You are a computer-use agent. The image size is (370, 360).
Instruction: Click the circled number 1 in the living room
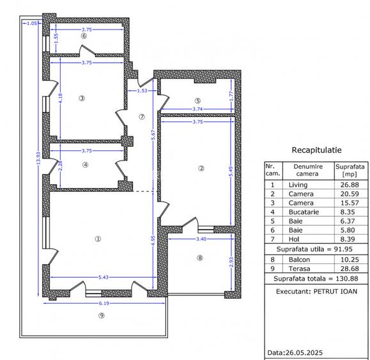[x=98, y=239]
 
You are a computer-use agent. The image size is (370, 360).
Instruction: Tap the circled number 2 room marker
[x=201, y=169]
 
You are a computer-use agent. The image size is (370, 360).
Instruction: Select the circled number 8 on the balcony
[x=199, y=258]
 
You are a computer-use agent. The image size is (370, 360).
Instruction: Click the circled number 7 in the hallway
[x=142, y=116]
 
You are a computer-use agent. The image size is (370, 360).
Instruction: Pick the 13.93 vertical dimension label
[x=38, y=163]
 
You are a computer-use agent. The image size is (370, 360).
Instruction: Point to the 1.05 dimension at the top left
[x=31, y=24]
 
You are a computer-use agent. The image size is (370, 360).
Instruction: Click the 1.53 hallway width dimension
[x=143, y=91]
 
